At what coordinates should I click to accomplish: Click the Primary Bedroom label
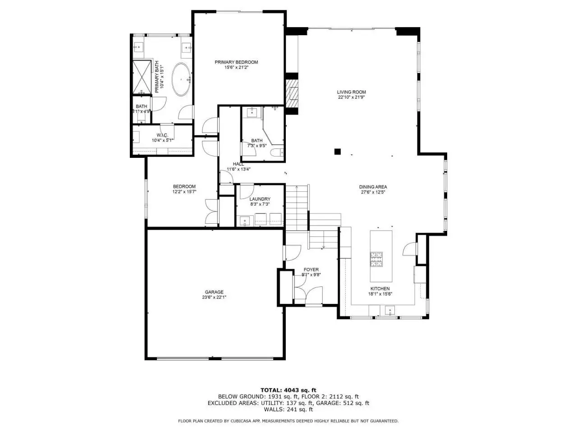236,62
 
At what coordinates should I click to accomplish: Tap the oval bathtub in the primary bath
181,79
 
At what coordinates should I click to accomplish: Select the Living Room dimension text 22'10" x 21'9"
352,97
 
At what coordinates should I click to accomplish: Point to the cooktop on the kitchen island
376,259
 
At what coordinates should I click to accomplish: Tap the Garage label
214,292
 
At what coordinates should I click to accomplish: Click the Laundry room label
260,199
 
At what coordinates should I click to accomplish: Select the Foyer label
311,269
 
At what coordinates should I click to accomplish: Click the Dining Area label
373,187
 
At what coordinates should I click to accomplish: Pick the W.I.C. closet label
162,135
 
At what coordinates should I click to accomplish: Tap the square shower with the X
142,77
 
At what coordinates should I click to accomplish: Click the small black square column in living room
337,152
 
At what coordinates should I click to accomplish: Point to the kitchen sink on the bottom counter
390,310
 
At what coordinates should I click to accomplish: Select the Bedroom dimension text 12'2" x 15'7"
184,192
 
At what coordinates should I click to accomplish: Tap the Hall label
238,164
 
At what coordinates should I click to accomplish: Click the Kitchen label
380,289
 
